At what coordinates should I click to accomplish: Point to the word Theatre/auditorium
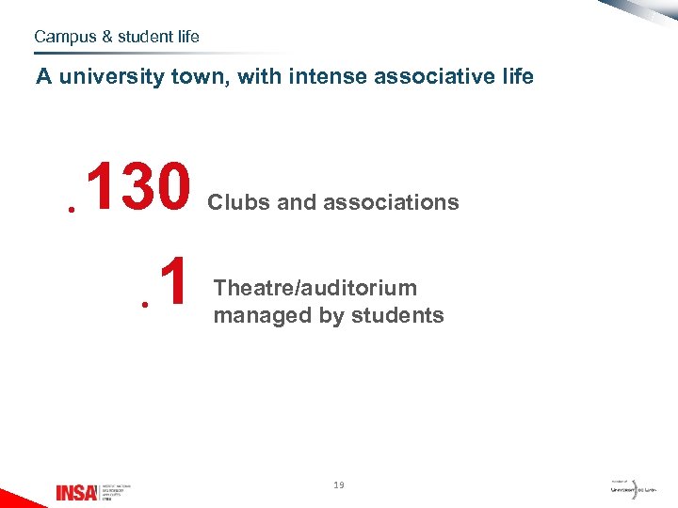click(x=315, y=288)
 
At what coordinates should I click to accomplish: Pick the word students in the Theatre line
click(x=395, y=315)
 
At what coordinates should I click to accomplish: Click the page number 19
click(x=339, y=485)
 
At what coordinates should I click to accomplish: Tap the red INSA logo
click(x=75, y=492)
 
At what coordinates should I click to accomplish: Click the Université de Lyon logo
click(x=633, y=489)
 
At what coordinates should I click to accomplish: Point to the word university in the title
click(x=112, y=76)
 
